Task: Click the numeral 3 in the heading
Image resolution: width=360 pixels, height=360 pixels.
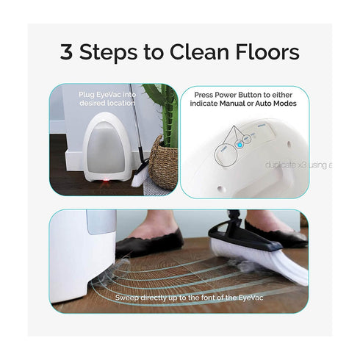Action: click(x=67, y=53)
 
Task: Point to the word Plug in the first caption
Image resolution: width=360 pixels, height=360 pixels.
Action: click(x=86, y=95)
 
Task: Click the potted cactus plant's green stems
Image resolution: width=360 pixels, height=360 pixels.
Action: click(x=168, y=110)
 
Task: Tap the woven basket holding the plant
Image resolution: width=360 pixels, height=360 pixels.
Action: click(x=164, y=162)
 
